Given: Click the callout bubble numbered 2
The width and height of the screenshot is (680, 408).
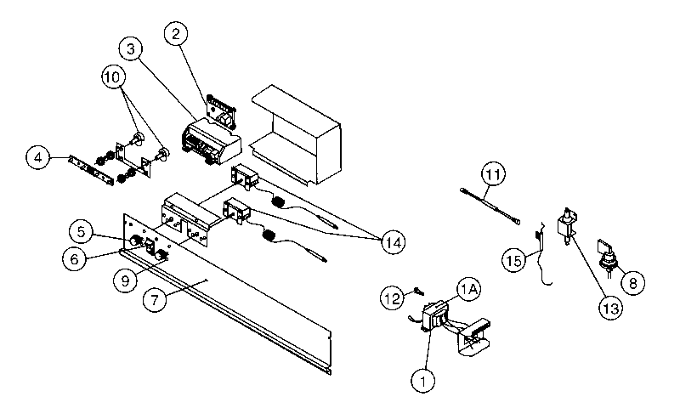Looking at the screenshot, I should tap(175, 35).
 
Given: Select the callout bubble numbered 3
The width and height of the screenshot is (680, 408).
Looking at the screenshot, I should tap(131, 50).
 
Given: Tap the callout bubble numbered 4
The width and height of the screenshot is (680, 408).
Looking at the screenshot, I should tap(37, 157).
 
